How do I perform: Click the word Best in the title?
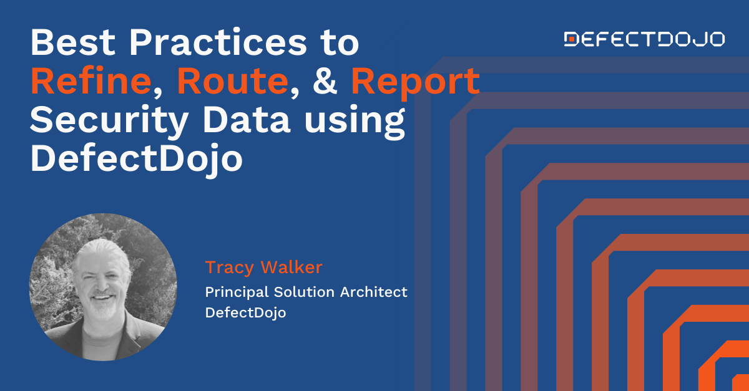(x=70, y=42)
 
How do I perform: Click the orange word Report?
(x=415, y=82)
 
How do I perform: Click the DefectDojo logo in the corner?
(x=644, y=39)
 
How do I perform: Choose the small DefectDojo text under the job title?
(x=245, y=312)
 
